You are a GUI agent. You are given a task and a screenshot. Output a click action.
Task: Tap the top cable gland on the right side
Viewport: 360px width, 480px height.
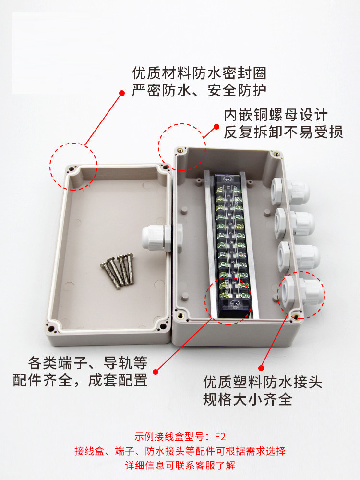[x=289, y=192]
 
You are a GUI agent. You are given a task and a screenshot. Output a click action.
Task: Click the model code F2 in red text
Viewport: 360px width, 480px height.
[x=220, y=436]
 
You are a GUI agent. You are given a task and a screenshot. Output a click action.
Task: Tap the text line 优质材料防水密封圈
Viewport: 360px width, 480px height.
[x=199, y=73]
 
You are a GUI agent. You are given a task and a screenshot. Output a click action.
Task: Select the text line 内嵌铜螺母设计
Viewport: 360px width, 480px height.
[x=276, y=115]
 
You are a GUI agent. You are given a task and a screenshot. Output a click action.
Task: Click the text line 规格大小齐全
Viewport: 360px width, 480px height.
[x=247, y=399]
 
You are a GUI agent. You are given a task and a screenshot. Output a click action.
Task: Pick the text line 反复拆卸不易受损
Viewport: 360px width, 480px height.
[x=283, y=132]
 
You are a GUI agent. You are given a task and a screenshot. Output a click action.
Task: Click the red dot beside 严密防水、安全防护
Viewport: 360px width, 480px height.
[x=122, y=93]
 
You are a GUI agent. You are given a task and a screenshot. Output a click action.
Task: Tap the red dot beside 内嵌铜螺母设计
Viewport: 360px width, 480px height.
[x=216, y=126]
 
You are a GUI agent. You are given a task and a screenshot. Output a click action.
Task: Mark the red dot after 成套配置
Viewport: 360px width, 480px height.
[x=156, y=372]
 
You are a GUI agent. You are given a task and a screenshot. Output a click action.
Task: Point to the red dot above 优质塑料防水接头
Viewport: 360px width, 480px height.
[x=261, y=368]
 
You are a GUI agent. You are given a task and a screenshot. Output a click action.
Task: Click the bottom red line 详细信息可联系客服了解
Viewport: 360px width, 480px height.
[x=180, y=466]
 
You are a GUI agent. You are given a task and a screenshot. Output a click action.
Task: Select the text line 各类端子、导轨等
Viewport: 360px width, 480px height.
[x=88, y=363]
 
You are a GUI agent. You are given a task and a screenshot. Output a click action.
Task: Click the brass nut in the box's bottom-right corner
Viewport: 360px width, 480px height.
[x=296, y=317]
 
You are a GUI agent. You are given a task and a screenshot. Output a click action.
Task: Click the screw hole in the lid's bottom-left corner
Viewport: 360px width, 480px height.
[x=52, y=329]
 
